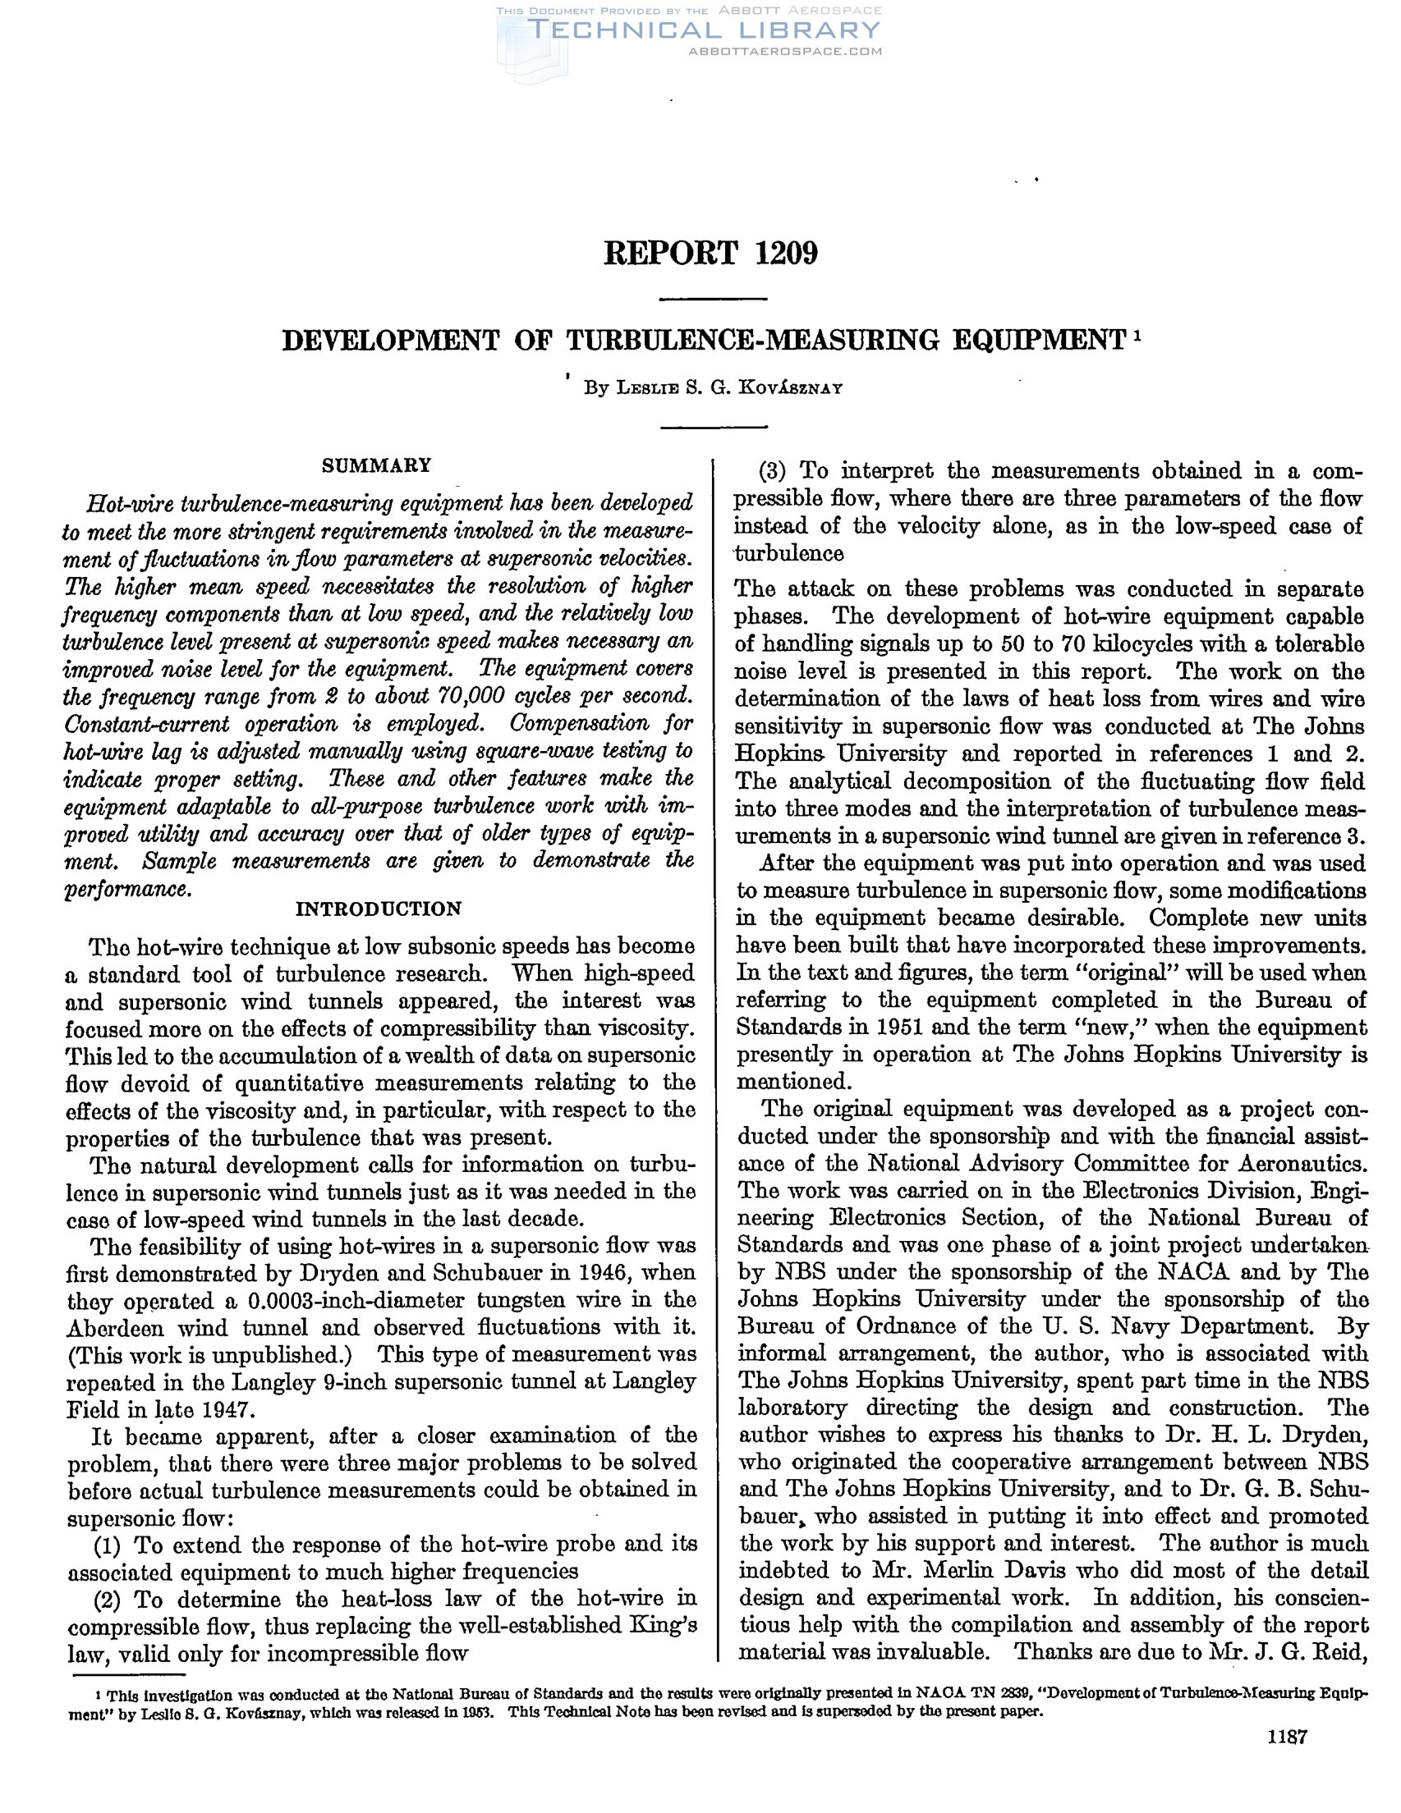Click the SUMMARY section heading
376,465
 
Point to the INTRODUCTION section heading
379,909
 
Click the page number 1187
1286,1758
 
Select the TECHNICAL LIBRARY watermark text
705,30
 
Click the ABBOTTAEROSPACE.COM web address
785,52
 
